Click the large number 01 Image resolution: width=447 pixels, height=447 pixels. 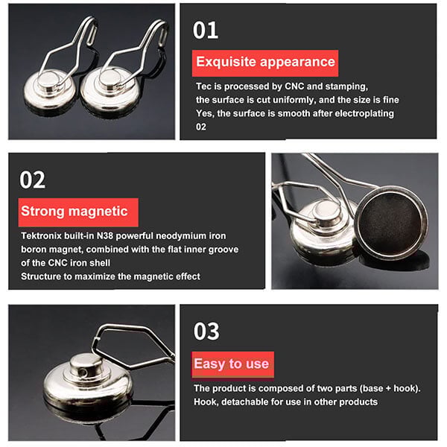[x=206, y=31]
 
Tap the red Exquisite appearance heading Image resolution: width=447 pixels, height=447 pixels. [x=265, y=63]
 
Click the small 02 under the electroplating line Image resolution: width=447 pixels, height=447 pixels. [x=200, y=127]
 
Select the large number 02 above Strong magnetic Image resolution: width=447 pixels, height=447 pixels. [x=33, y=180]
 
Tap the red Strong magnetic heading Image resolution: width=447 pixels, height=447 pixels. [x=78, y=212]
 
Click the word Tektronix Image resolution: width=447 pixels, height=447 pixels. [x=41, y=236]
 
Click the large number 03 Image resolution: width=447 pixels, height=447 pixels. [x=206, y=332]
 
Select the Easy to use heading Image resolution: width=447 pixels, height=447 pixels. [x=232, y=364]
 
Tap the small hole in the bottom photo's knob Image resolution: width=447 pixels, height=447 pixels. [x=83, y=372]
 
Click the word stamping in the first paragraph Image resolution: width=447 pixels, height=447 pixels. [x=346, y=86]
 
